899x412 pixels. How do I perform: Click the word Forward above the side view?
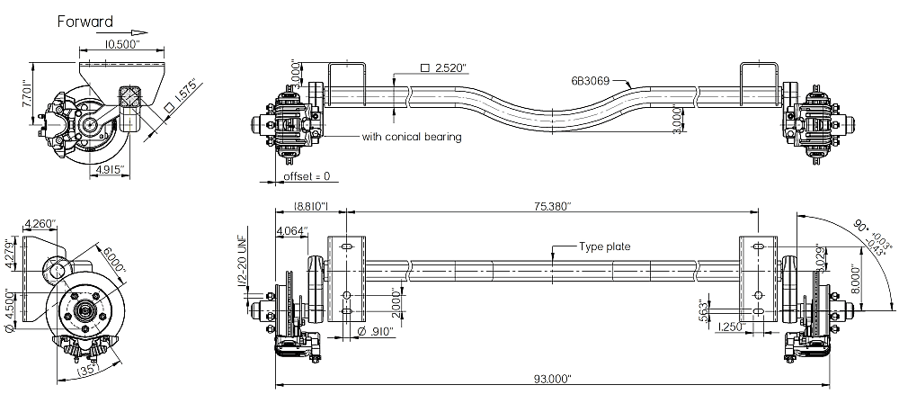85,22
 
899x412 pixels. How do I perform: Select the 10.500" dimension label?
122,43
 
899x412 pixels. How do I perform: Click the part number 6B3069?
590,80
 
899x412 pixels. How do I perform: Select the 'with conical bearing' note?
411,137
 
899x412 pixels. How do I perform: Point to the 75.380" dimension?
552,206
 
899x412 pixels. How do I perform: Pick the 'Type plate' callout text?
605,246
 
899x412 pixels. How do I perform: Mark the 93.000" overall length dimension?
551,379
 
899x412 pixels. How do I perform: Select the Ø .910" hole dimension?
373,332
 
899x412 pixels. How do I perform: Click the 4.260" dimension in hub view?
40,223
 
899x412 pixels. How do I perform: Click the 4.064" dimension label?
292,230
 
